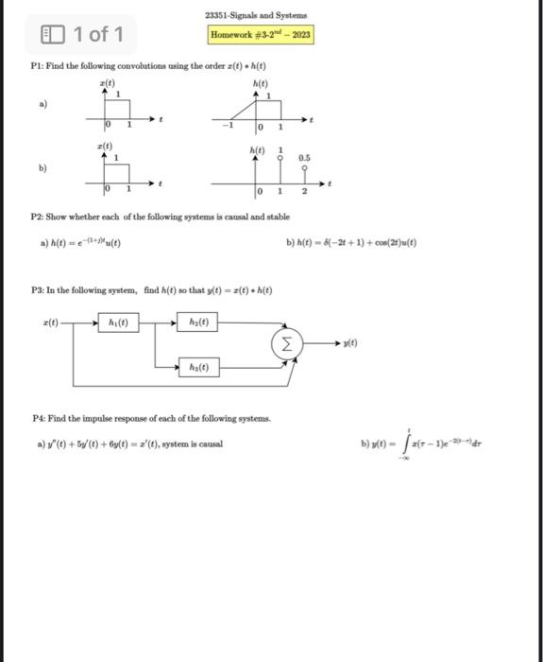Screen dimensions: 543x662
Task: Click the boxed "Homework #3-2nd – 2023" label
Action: click(261, 35)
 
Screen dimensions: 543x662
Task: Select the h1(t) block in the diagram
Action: click(125, 322)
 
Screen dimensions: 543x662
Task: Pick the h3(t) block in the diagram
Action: click(198, 367)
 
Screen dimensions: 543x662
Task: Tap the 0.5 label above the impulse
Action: click(303, 158)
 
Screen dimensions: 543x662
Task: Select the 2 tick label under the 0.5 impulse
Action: click(304, 192)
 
